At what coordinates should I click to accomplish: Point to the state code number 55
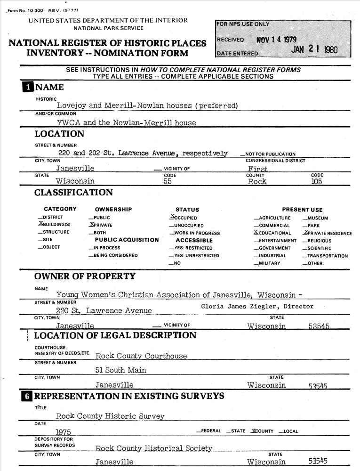[167, 181]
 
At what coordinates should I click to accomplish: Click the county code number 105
[316, 181]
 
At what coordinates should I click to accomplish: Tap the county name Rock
[257, 181]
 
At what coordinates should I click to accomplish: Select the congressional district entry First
[258, 169]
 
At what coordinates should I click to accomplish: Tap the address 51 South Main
[120, 370]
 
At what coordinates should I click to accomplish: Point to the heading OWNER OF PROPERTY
[85, 276]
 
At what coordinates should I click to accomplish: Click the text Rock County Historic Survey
[110, 416]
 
